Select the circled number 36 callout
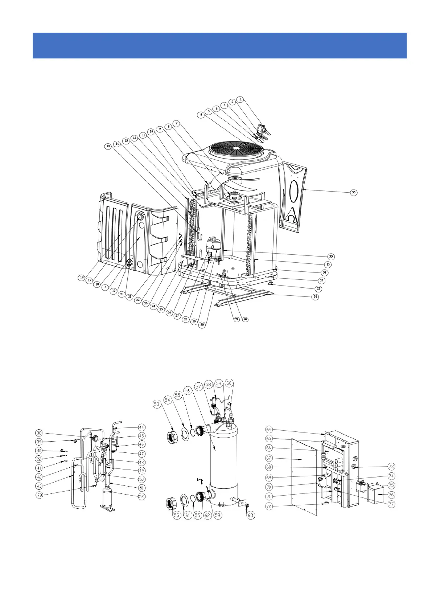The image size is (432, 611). pyautogui.click(x=354, y=192)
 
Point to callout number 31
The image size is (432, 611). pyautogui.click(x=316, y=297)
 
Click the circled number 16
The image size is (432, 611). pyautogui.click(x=82, y=278)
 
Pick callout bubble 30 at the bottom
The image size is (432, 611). pyautogui.click(x=202, y=325)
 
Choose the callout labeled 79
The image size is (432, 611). pyautogui.click(x=236, y=320)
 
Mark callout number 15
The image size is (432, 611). pyautogui.click(x=108, y=146)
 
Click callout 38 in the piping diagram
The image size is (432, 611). pyautogui.click(x=39, y=432)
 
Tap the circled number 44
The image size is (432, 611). pyautogui.click(x=141, y=427)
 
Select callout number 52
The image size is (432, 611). pyautogui.click(x=141, y=496)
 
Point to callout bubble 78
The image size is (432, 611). pyautogui.click(x=39, y=495)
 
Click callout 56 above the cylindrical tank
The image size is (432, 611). pyautogui.click(x=187, y=390)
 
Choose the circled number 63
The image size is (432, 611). pyautogui.click(x=251, y=515)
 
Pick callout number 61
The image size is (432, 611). pyautogui.click(x=188, y=515)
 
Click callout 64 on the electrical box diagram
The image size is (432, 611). pyautogui.click(x=269, y=430)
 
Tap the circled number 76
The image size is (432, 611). pyautogui.click(x=391, y=495)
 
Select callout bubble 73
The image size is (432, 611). pyautogui.click(x=391, y=466)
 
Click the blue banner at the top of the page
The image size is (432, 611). pyautogui.click(x=219, y=45)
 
